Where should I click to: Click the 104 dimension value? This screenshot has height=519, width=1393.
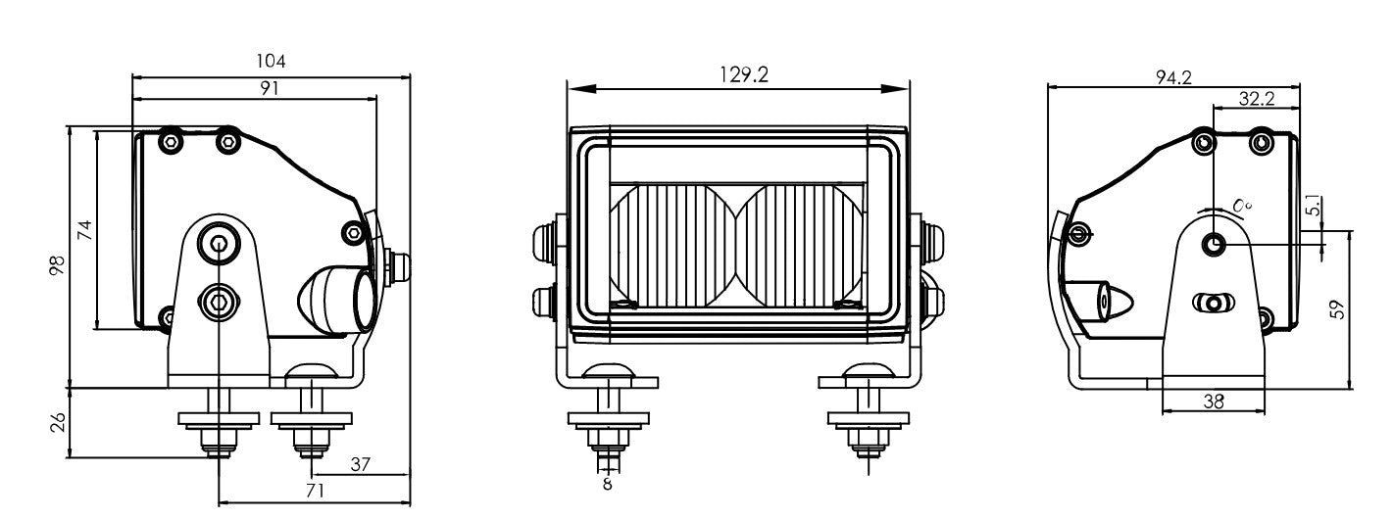tap(271, 61)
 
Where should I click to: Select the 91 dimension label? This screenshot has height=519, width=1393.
tap(271, 87)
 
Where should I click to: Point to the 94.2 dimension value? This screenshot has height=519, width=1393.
tap(1172, 77)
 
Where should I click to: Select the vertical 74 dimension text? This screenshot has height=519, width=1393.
tap(84, 231)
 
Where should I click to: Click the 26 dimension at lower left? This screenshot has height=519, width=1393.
tap(57, 422)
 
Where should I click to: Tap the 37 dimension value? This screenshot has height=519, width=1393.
tap(360, 465)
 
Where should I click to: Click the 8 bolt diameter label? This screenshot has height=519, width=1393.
tap(607, 484)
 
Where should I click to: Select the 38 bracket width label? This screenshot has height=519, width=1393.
tap(1213, 401)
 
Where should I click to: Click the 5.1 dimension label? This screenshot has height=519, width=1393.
tap(1314, 207)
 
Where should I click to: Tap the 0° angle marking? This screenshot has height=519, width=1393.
tap(1242, 205)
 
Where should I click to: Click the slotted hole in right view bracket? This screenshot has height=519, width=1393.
tap(1213, 303)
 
